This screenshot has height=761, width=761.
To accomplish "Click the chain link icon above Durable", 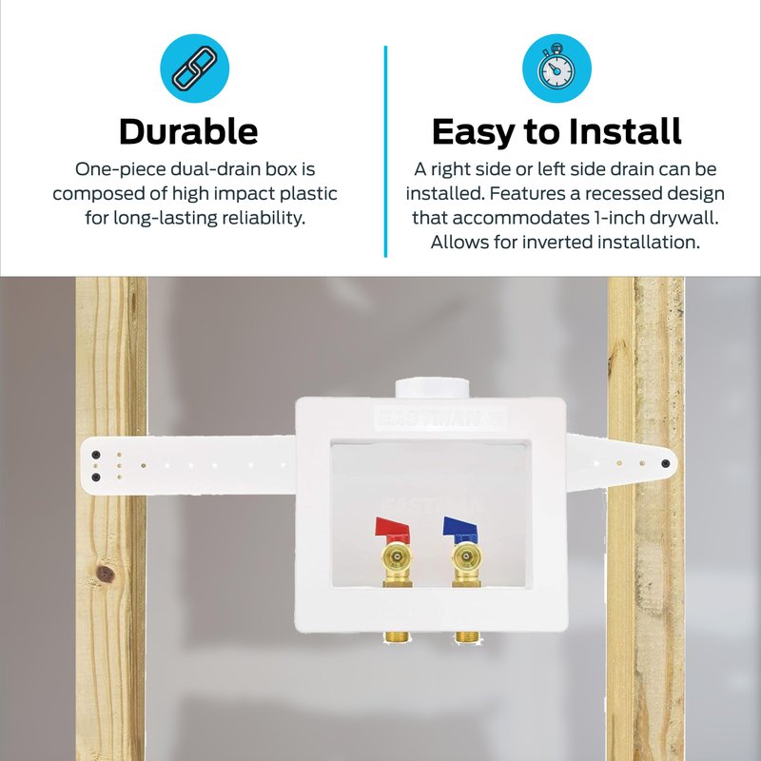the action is click(195, 68).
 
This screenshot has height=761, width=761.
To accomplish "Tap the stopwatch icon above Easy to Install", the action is click(556, 68).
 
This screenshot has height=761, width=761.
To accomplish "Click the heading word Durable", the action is click(188, 131).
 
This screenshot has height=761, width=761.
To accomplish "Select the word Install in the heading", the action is click(625, 131).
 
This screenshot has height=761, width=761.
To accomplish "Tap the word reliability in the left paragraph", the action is click(263, 218).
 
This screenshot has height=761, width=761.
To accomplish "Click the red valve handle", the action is click(392, 527).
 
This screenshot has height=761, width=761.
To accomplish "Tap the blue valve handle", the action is click(460, 527).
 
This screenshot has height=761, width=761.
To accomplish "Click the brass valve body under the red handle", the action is click(397, 564).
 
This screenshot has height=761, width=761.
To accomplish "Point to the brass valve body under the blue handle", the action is click(466, 564).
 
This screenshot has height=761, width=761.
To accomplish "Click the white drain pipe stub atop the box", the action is click(432, 388).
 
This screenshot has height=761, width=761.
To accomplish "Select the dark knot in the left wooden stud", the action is click(106, 575).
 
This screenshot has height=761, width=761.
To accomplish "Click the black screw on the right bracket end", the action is click(665, 463).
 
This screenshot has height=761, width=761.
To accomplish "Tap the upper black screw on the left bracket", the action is click(96, 455).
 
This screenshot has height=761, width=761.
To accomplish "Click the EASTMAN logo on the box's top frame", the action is click(440, 418).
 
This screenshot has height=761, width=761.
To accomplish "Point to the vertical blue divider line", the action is click(385, 151).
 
